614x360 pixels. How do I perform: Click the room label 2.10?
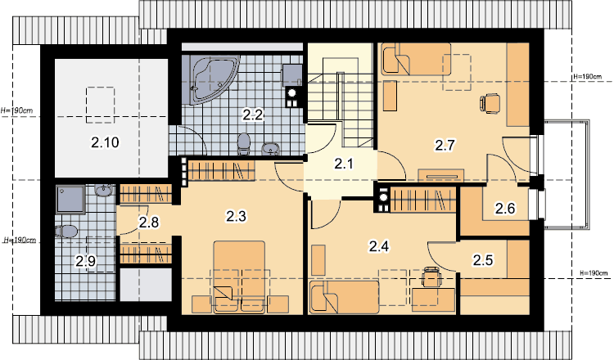coord(105,142)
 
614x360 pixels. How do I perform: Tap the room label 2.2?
coord(253,115)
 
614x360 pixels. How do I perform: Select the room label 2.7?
coord(445,145)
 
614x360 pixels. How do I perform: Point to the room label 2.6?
coord(505,209)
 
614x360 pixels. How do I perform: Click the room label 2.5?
coord(483,260)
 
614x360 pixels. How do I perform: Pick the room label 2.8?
coord(149,223)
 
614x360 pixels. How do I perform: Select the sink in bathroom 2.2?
coord(271,149)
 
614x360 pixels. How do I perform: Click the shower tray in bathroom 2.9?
coord(70,200)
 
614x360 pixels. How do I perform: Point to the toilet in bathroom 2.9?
coord(66,232)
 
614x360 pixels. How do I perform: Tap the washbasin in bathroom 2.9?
coord(104,191)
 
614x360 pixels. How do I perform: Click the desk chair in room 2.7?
coord(490,104)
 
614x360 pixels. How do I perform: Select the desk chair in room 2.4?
coord(431,277)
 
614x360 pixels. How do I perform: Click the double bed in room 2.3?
coord(239,277)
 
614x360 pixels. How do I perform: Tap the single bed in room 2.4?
coord(344,297)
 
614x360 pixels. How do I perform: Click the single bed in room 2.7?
coord(416,58)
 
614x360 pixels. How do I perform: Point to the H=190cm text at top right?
coord(587,77)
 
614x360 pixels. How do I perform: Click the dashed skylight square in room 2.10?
coord(100,105)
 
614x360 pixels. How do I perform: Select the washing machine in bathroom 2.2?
coord(292,75)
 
